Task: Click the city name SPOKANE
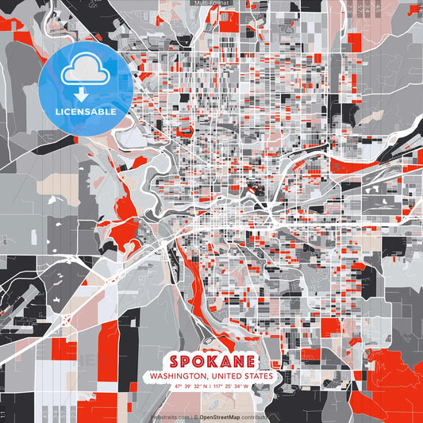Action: (211, 360)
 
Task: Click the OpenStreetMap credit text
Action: (220, 416)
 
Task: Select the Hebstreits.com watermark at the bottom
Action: (168, 416)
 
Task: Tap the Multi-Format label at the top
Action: (211, 3)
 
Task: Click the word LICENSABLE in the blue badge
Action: (86, 112)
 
